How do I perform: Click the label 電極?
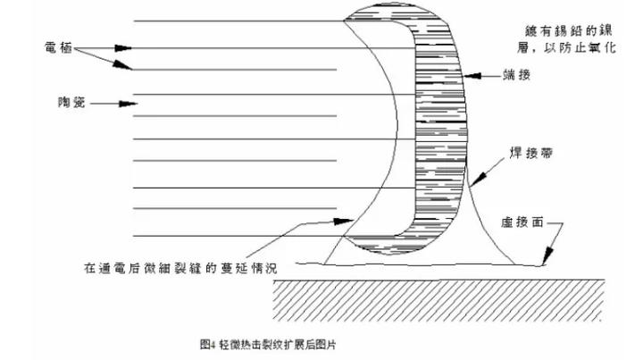58,48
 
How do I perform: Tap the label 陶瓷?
71,102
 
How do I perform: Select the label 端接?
517,75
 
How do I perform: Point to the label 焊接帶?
531,154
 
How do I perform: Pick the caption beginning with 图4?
268,345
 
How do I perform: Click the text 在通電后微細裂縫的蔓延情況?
180,268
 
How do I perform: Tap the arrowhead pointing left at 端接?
472,76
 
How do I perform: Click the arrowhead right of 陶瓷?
128,104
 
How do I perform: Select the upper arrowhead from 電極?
123,48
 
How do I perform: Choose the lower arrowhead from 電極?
123,65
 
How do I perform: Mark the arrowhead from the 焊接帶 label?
479,179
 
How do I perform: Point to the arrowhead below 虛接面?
547,256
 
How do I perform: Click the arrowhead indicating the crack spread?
344,222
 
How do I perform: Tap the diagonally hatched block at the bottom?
438,300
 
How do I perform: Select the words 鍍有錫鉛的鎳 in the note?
569,30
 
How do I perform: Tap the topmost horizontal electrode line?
238,21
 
